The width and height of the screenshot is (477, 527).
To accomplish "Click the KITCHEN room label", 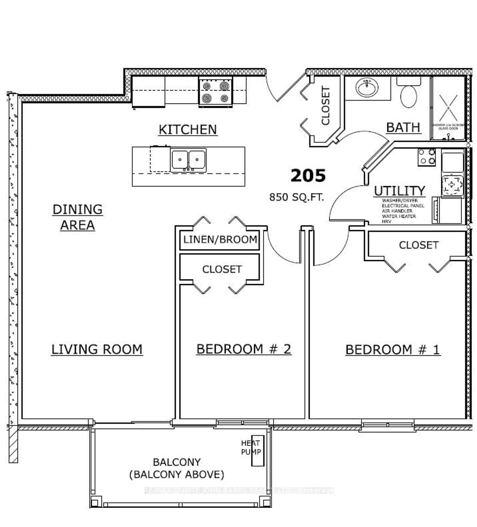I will pos(188,130).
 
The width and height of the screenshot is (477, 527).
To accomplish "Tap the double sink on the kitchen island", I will pos(188,160).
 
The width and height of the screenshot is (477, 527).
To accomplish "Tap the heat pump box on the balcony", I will pos(258,451).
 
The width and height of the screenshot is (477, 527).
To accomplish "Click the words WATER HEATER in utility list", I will pos(399,216).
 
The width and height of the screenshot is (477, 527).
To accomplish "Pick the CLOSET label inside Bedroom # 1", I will pos(418,245).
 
